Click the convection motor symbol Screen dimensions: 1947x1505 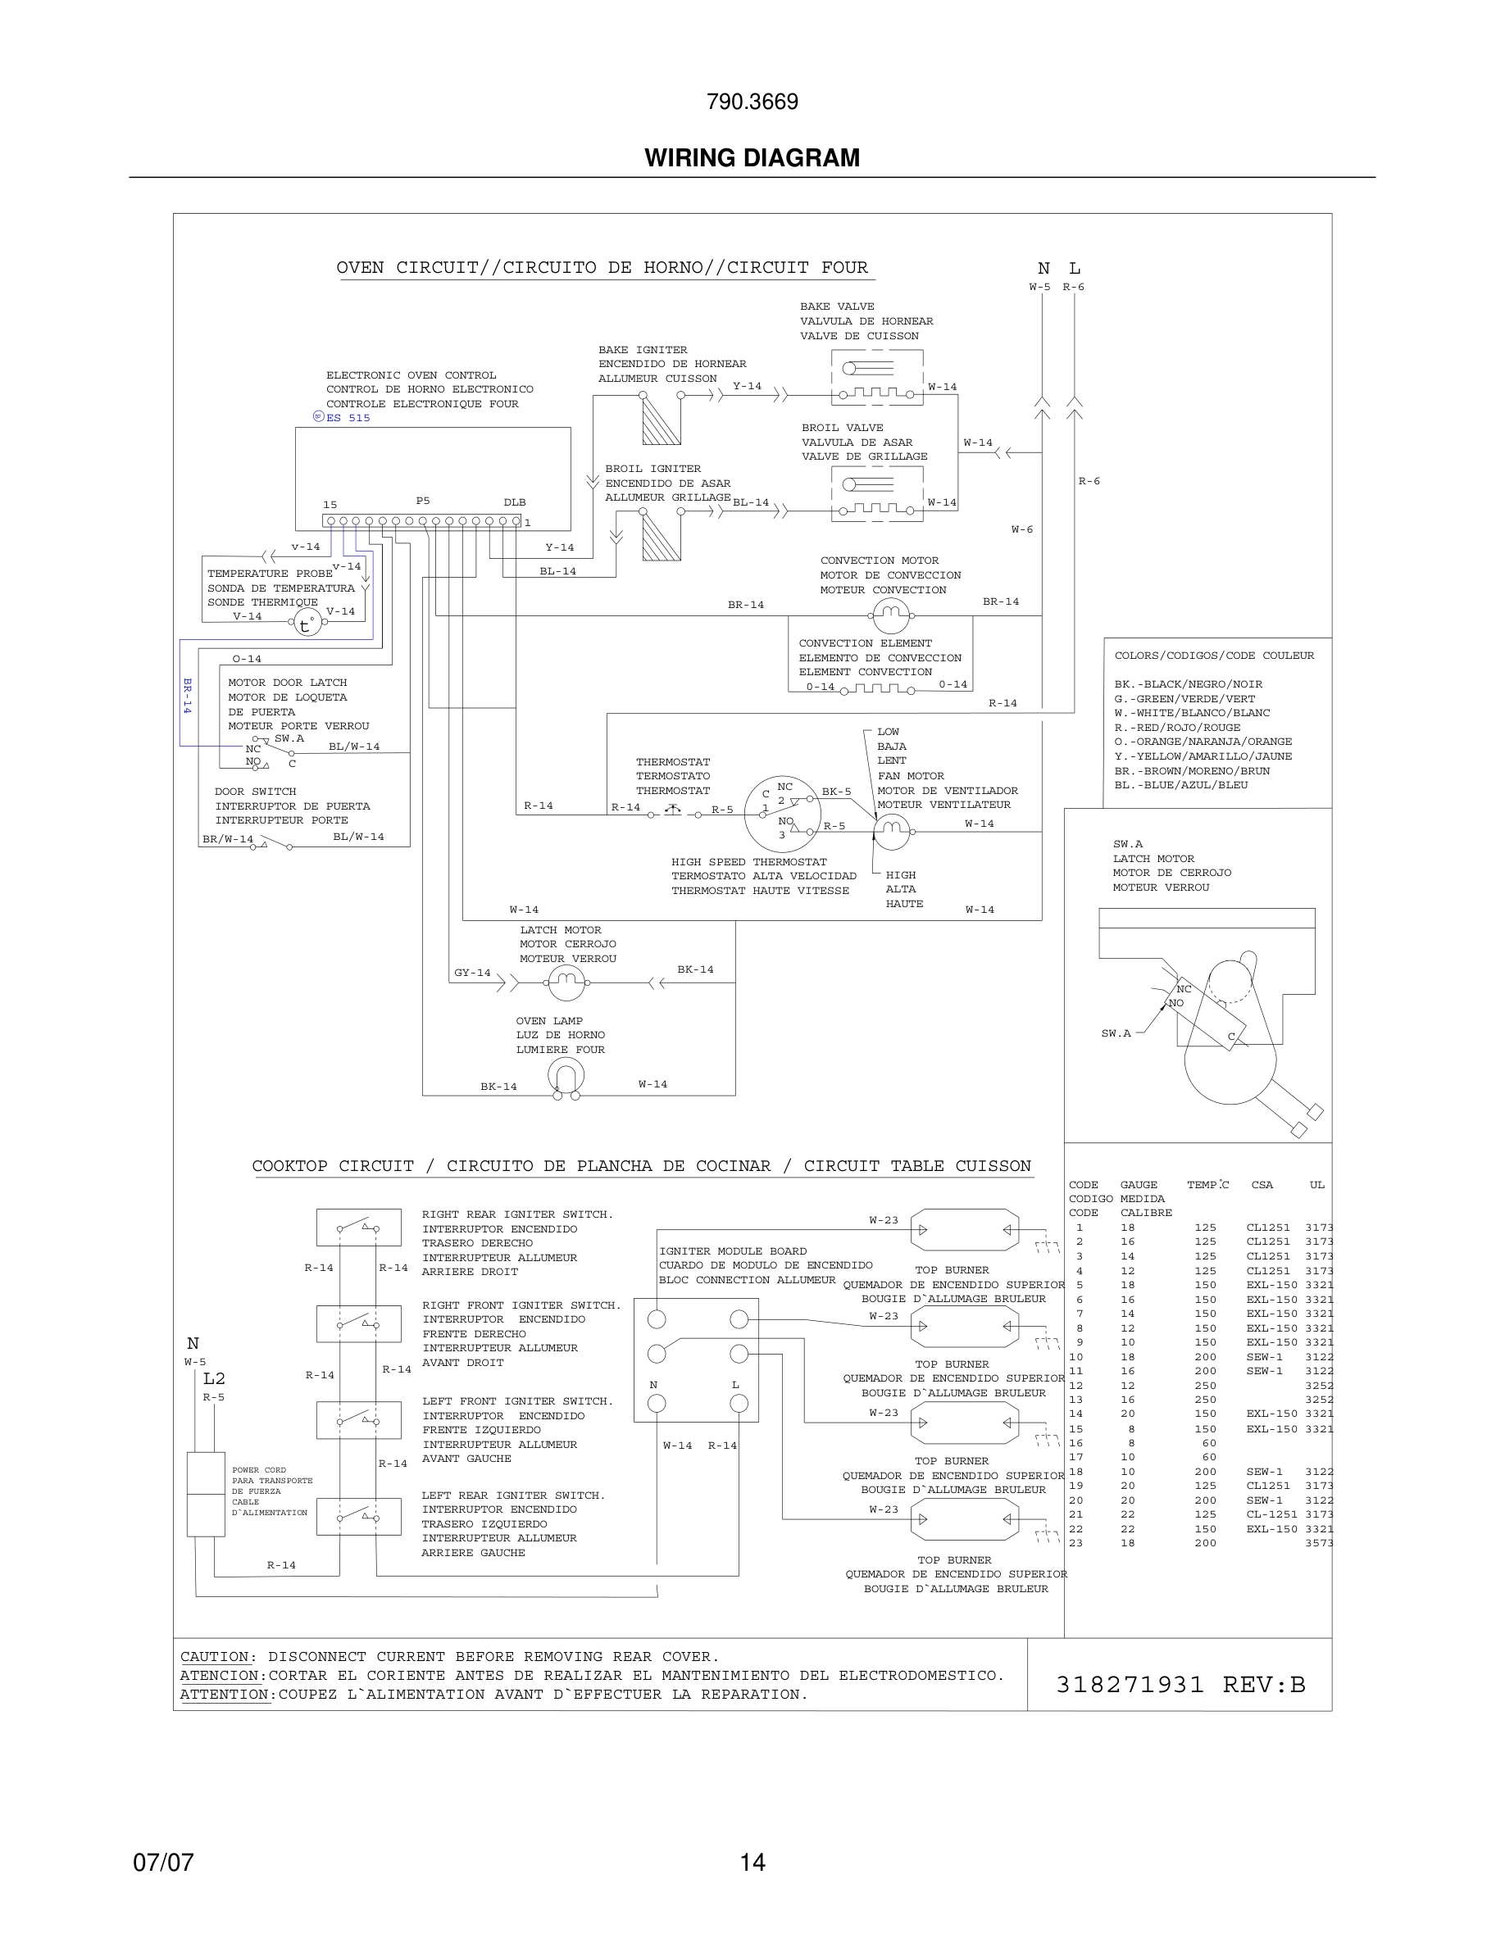coord(890,615)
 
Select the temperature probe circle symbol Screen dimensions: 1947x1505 coord(306,623)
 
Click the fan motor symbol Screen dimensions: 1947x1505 coord(891,831)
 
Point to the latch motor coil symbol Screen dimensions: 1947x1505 coord(566,983)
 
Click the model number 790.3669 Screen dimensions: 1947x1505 coord(752,102)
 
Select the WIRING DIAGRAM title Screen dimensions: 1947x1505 coord(752,158)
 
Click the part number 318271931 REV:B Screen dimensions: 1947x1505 coord(1180,1684)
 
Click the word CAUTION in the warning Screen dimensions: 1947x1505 coord(215,1656)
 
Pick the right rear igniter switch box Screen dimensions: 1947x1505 coord(358,1228)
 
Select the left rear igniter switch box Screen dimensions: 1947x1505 coord(358,1515)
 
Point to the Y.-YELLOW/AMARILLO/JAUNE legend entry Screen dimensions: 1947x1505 coord(1203,756)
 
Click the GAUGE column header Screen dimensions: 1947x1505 coord(1139,1185)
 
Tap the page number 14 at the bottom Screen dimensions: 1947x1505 coord(752,1862)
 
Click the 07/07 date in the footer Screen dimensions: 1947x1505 coord(163,1862)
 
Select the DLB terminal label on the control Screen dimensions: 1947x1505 coord(515,501)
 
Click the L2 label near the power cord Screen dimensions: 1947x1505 coord(214,1378)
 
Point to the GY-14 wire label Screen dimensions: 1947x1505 coord(471,973)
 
